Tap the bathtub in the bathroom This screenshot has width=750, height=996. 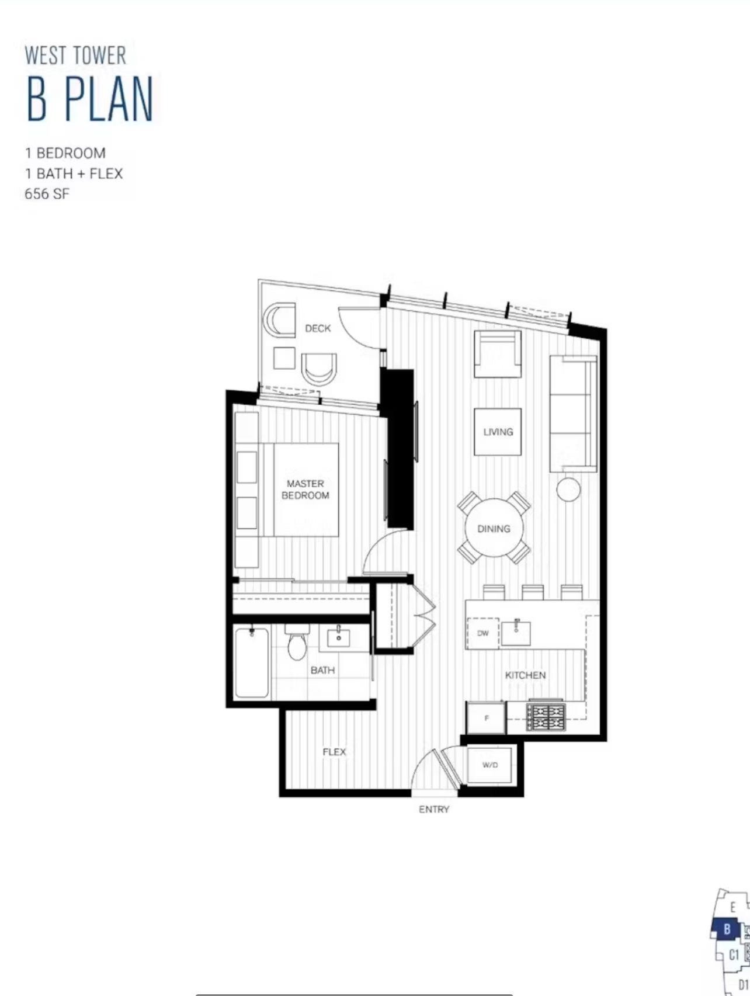tap(252, 662)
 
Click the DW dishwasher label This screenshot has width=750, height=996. tap(482, 633)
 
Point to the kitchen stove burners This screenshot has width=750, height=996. tap(546, 717)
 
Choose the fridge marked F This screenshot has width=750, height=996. tap(486, 718)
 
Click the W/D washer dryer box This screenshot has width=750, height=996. tap(490, 765)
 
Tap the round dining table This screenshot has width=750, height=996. tap(494, 529)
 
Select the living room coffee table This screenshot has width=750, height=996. tap(498, 432)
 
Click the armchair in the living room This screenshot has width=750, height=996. tap(498, 354)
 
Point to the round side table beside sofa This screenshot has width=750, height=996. tap(568, 490)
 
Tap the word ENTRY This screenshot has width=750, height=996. tap(434, 810)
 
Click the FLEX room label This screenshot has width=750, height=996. tap(334, 752)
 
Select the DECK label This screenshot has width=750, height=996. tap(318, 328)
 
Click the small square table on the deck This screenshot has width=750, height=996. tap(284, 358)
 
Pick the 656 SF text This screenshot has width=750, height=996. tap(47, 194)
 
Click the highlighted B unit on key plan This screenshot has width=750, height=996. tap(727, 928)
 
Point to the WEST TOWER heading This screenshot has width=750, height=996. tap(75, 55)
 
